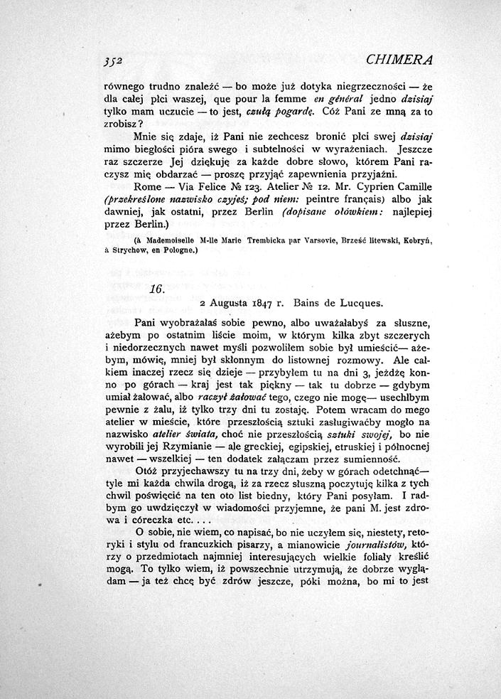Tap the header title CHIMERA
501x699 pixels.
click(407, 58)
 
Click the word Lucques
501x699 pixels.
click(363, 302)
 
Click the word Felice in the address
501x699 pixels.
click(207, 188)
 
